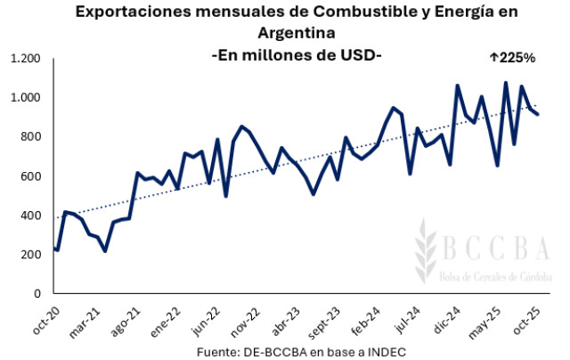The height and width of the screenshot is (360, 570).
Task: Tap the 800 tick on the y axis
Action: click(x=32, y=136)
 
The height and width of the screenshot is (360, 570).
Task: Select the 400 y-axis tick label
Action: click(x=32, y=215)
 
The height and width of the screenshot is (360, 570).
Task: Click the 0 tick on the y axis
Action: click(x=38, y=293)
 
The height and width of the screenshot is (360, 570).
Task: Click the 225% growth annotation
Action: click(x=512, y=57)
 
